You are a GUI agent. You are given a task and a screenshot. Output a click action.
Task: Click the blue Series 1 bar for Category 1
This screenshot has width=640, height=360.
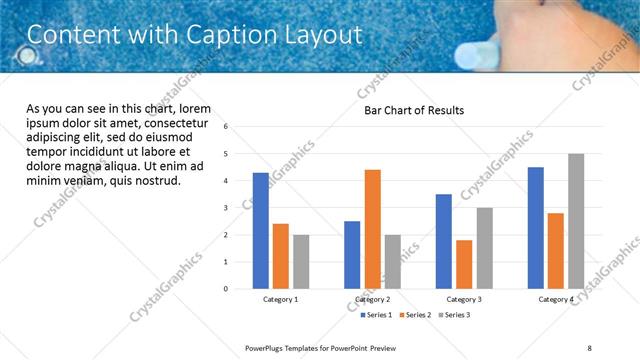point(261,231)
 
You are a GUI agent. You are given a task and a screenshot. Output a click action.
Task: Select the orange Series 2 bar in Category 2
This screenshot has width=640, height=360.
point(372,229)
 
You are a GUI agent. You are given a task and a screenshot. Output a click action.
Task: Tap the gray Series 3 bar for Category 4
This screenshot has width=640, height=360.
point(576,221)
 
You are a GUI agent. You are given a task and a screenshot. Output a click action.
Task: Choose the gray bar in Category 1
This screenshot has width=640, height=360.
point(301,262)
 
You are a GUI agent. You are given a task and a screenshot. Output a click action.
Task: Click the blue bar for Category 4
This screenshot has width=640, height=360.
point(536,228)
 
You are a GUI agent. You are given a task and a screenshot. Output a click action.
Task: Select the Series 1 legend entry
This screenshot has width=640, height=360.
point(379,315)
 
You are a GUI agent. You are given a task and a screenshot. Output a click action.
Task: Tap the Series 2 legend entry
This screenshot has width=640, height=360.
point(416,315)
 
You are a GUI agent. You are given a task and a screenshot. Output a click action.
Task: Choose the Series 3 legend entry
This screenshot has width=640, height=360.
point(453,315)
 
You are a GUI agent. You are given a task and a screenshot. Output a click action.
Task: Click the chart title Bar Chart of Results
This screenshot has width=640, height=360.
point(414,111)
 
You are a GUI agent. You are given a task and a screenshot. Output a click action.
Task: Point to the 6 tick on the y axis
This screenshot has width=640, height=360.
point(226,127)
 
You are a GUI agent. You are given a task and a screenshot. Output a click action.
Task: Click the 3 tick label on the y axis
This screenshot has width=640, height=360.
point(226,208)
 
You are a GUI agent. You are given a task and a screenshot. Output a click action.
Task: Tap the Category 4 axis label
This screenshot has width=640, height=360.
point(556,299)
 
